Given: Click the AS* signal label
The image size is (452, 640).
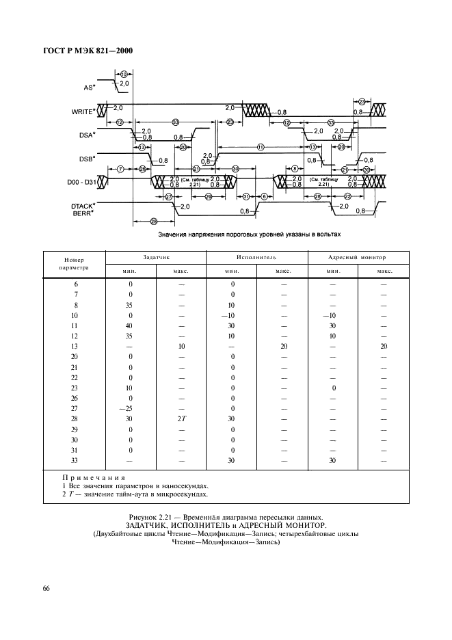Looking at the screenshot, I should click(89, 88).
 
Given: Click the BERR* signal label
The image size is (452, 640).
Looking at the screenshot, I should click(83, 213).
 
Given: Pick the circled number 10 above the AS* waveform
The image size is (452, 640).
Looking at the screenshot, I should click(123, 73).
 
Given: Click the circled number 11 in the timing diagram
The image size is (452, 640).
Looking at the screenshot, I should click(261, 147).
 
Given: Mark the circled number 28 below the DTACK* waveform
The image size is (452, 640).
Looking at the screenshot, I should click(153, 220).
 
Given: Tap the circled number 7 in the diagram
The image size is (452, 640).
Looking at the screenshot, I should click(120, 168).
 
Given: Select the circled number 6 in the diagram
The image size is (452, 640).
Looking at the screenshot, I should click(264, 197).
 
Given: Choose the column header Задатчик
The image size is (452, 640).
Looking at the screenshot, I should click(155, 257).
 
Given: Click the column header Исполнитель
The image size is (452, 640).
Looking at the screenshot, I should click(256, 257).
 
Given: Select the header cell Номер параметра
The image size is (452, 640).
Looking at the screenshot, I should click(74, 264).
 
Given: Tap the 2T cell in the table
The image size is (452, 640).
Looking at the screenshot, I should click(181, 418).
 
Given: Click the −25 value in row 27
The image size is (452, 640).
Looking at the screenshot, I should click(130, 408).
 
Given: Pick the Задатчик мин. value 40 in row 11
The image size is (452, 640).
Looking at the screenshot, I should click(130, 325).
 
